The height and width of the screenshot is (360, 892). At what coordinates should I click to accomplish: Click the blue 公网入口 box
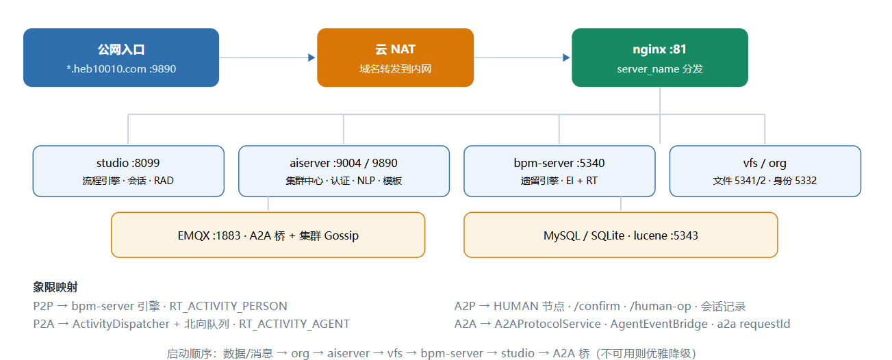coord(121,57)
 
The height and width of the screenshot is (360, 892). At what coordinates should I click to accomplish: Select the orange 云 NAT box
coord(396,57)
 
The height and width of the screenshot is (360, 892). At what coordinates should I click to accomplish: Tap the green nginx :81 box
coord(660,57)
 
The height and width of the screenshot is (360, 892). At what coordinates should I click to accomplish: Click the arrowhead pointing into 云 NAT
coord(311,57)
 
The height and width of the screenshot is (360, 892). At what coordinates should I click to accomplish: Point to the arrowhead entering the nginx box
coord(566,57)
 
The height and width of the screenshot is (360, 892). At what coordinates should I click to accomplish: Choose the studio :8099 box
coord(128,171)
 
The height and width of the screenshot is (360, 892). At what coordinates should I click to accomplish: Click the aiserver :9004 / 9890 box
coord(344,171)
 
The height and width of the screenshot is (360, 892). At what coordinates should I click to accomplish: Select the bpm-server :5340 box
coord(559,171)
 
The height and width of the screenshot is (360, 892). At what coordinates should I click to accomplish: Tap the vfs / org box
coord(765,171)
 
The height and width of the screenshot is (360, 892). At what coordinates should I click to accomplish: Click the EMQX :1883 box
coord(268,235)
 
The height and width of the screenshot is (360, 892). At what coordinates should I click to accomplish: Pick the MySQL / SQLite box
coord(620,235)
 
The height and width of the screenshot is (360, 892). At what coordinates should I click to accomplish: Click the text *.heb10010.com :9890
coord(121,69)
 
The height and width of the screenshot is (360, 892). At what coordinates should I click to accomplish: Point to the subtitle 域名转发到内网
coord(396,69)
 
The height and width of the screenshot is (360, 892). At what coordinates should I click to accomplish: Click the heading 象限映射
coord(55,287)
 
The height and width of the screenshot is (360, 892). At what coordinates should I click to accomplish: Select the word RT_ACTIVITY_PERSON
coord(228,306)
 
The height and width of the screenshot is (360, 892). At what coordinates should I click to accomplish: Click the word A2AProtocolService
coord(548,324)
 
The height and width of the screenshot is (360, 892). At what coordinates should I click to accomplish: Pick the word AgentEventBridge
coord(659,324)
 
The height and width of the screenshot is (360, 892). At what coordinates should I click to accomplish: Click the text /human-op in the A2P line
coord(660,306)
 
